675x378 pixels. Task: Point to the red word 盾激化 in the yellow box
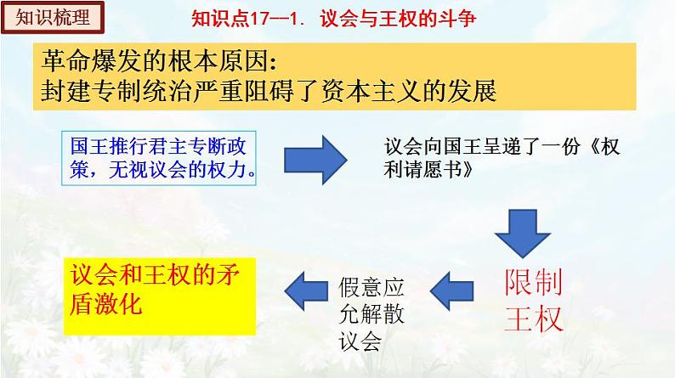tap(107, 304)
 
